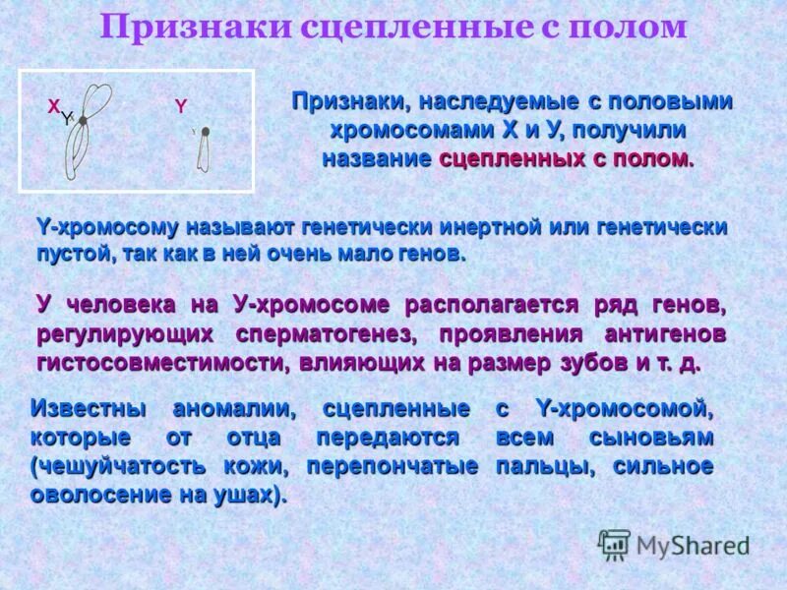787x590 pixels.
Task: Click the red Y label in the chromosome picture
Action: click(180, 106)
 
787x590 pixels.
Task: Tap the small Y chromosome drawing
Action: click(204, 147)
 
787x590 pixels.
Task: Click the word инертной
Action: click(486, 227)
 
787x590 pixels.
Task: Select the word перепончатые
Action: click(393, 465)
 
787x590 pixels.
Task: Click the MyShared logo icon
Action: click(615, 544)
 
